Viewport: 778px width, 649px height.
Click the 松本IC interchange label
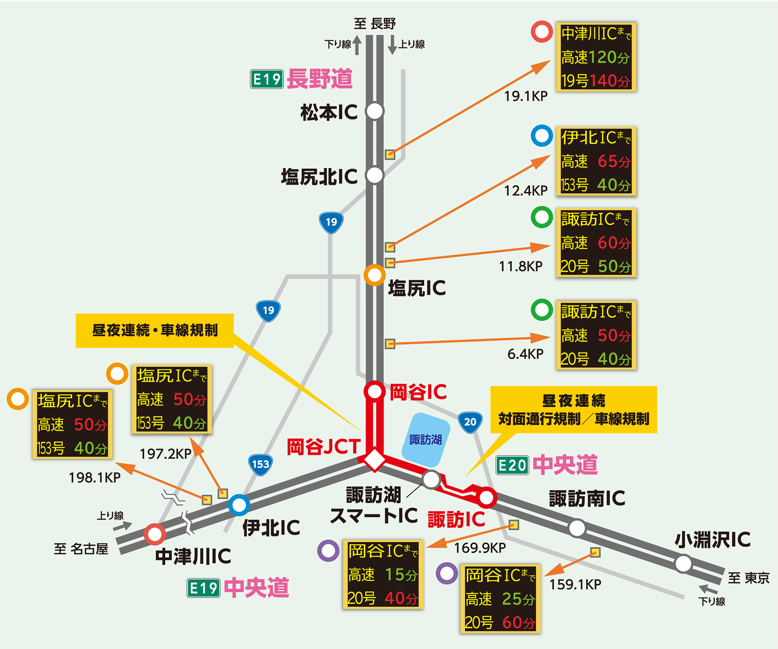[x=329, y=112]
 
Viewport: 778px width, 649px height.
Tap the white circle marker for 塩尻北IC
[x=375, y=175]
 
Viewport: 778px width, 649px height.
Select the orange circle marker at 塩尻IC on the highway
[x=375, y=275]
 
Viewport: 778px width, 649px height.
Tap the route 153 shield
[x=260, y=464]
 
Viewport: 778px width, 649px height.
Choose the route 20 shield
[x=470, y=422]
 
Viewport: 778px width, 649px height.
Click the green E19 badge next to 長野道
[x=267, y=79]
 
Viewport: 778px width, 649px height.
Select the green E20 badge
[x=512, y=465]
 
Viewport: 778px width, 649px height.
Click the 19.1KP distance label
[x=526, y=96]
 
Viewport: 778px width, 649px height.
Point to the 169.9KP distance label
[x=480, y=548]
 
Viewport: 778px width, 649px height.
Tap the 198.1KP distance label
[x=95, y=478]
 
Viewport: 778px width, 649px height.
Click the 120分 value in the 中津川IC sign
[x=609, y=58]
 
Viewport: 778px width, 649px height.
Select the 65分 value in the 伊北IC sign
[x=613, y=161]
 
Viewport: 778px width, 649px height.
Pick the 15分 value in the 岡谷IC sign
[x=401, y=575]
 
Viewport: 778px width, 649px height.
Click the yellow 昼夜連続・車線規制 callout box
[x=154, y=330]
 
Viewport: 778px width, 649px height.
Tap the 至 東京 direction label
[x=748, y=578]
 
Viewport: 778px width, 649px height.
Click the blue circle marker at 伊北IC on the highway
[x=239, y=505]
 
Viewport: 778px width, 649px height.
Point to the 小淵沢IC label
[x=712, y=540]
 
